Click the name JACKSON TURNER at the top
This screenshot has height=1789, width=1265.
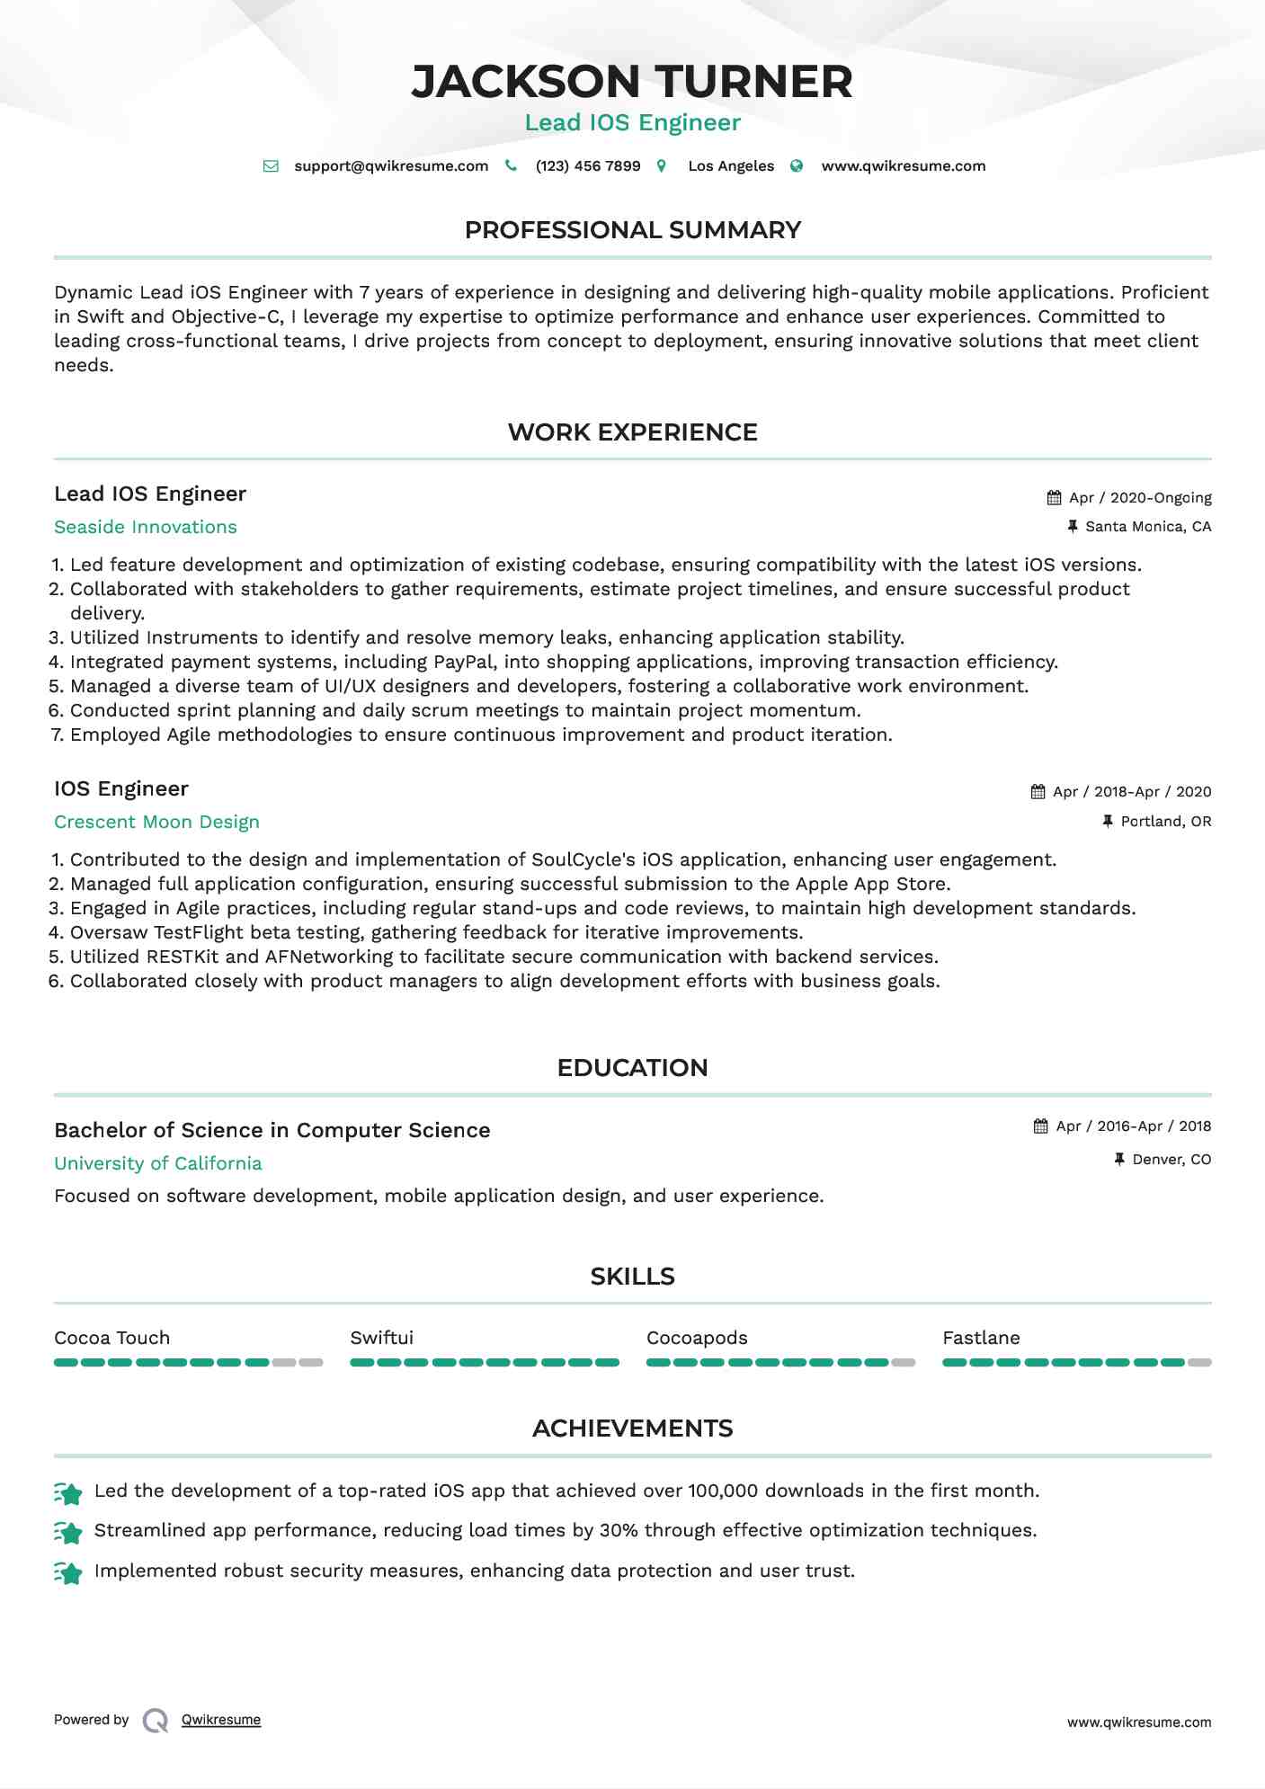point(632,81)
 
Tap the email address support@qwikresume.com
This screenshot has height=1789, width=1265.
point(391,166)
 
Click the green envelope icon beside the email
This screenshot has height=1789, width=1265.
point(271,166)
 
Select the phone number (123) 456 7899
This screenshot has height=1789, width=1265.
point(588,166)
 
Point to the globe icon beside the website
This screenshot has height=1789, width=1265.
point(797,166)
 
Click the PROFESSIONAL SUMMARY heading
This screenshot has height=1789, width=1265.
point(632,230)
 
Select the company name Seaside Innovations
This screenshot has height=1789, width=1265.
point(146,527)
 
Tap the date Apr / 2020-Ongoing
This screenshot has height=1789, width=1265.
point(1140,498)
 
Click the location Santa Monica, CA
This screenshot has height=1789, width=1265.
point(1148,527)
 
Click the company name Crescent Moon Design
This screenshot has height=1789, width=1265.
point(156,822)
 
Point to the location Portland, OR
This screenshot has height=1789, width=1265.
point(1165,822)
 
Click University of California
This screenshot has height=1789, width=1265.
point(158,1163)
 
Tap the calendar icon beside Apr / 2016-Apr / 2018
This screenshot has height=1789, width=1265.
point(1041,1126)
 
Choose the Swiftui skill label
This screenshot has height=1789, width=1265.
point(382,1338)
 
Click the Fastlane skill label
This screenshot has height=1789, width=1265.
point(981,1338)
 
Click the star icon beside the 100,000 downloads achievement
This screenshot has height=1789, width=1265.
point(68,1492)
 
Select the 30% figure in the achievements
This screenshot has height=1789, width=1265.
point(619,1530)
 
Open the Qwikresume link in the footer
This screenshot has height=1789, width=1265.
point(221,1720)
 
